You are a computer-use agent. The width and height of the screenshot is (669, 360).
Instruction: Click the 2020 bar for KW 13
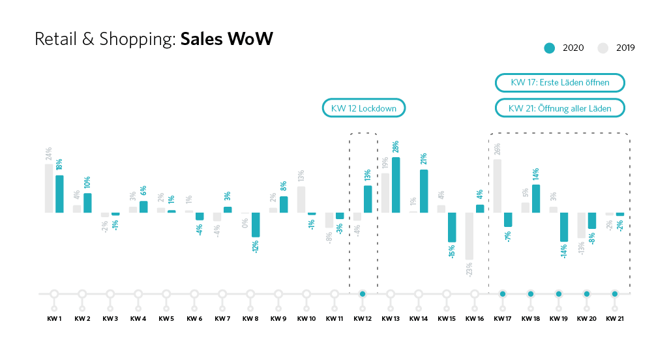[x=396, y=185]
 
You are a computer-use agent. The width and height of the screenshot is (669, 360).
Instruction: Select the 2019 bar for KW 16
[x=469, y=236]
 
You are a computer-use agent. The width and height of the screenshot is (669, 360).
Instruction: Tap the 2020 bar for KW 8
[x=256, y=224]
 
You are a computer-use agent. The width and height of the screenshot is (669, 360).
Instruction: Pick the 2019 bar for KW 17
[x=498, y=186]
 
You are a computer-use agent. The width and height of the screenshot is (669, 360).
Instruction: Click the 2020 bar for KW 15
[x=452, y=228]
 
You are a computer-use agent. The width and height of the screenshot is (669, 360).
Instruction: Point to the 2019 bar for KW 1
[x=49, y=188]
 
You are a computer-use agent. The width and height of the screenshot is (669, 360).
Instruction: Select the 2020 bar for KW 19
[x=563, y=227]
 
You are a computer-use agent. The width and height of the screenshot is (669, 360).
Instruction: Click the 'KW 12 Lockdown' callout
[x=364, y=108]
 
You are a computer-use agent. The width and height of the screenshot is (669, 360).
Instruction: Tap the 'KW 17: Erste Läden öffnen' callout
[x=560, y=83]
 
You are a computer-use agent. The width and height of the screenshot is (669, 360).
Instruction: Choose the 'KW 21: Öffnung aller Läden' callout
[x=560, y=108]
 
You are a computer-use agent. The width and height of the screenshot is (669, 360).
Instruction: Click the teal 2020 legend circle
[x=550, y=48]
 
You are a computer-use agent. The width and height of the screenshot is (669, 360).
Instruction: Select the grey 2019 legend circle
[x=603, y=48]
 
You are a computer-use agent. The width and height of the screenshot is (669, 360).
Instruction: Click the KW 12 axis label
[x=362, y=319]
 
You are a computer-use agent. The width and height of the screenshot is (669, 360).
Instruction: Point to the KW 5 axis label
[x=166, y=319]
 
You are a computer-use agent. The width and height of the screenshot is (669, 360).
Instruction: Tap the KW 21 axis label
[x=614, y=319]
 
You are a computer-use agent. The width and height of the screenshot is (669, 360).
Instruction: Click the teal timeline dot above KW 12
[x=363, y=294]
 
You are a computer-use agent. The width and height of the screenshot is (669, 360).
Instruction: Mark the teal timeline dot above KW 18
[x=531, y=294]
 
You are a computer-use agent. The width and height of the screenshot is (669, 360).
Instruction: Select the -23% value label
[x=469, y=269]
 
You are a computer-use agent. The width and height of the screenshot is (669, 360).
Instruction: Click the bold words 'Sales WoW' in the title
[x=226, y=39]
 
